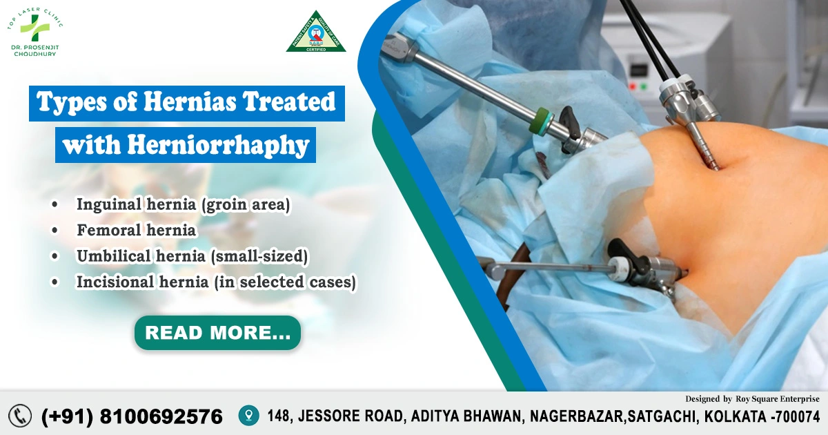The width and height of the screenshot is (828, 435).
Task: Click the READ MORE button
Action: tap(217, 333)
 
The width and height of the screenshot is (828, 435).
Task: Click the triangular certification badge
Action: tap(316, 32)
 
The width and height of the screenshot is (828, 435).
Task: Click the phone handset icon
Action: tap(21, 415)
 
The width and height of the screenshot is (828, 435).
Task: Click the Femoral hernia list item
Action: tap(136, 230)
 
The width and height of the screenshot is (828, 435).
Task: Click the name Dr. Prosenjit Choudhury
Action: tap(34, 50)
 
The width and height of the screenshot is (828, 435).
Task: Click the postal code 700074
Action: tap(798, 416)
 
